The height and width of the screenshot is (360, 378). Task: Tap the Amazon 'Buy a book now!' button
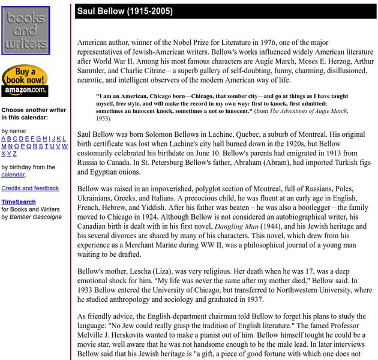pos(25,80)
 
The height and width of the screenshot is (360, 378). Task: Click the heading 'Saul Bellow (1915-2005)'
pos(125,11)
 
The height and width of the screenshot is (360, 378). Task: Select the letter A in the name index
pos(4,139)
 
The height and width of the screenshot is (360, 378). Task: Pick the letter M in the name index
pos(4,146)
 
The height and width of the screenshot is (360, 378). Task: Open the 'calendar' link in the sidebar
pos(13,175)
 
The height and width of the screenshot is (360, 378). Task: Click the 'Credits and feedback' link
pos(30,188)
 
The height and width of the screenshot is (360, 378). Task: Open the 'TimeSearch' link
pos(18,202)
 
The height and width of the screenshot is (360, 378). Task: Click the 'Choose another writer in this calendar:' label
pos(34,114)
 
